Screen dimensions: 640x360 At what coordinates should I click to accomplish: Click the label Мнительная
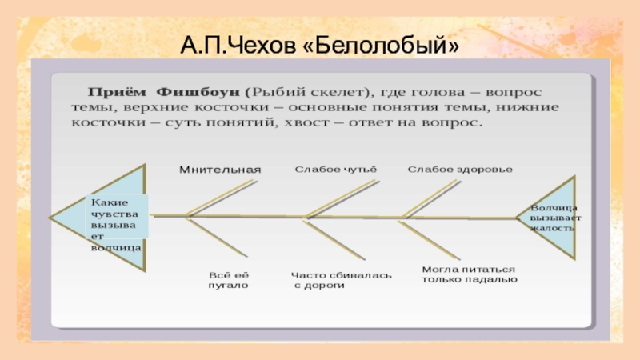pyautogui.click(x=220, y=170)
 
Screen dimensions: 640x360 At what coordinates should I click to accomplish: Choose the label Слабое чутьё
pyautogui.click(x=334, y=170)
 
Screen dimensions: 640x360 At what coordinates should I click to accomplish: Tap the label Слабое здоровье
pyautogui.click(x=460, y=170)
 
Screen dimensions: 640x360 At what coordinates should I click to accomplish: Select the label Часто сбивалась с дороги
pyautogui.click(x=342, y=279)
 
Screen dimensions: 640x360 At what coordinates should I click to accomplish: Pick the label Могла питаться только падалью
pyautogui.click(x=470, y=274)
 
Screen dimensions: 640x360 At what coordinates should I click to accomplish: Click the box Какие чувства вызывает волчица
pyautogui.click(x=116, y=225)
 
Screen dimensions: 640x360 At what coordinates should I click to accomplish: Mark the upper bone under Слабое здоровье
pyautogui.click(x=436, y=197)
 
